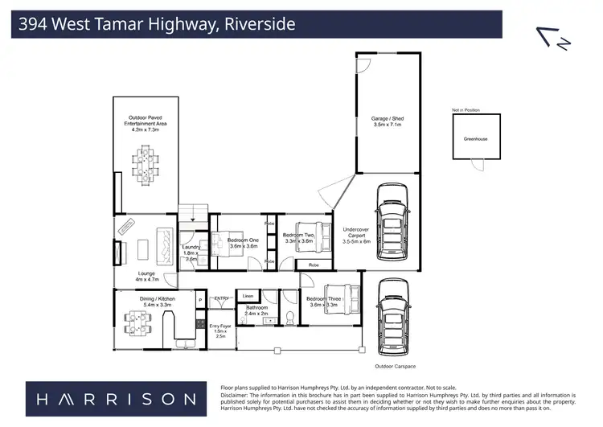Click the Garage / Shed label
pyautogui.click(x=387, y=121)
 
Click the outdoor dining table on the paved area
pyautogui.click(x=146, y=162)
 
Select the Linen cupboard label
pyautogui.click(x=247, y=297)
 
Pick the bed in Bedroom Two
pyautogui.click(x=310, y=236)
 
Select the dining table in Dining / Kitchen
pyautogui.click(x=140, y=325)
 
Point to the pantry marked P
pyautogui.click(x=200, y=301)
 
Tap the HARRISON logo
pyautogui.click(x=111, y=398)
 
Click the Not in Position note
pyautogui.click(x=466, y=110)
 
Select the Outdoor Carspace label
pyautogui.click(x=394, y=367)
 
